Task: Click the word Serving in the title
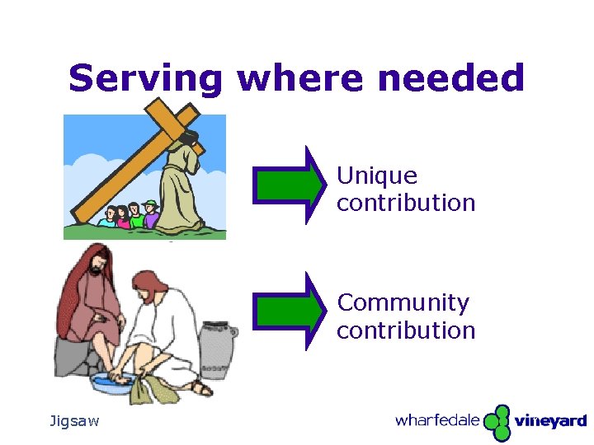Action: click(x=145, y=79)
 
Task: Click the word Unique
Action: click(x=377, y=176)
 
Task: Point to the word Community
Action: click(x=403, y=303)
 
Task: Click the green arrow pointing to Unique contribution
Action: click(x=289, y=185)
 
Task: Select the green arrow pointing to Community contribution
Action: click(x=289, y=311)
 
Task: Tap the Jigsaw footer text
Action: click(x=74, y=421)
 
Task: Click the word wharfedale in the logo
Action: click(x=437, y=420)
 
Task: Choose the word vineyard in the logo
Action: click(x=550, y=421)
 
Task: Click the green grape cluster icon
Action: click(x=497, y=421)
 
